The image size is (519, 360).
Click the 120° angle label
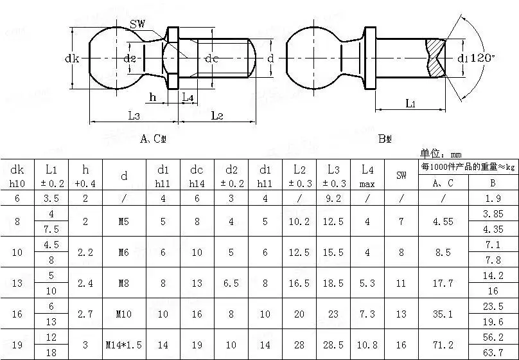[482, 58]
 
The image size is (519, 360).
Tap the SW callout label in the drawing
[137, 24]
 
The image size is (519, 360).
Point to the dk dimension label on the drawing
[72, 59]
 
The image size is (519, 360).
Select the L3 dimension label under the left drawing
[134, 116]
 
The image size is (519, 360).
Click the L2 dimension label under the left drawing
[216, 116]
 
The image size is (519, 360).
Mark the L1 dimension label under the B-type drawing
[411, 104]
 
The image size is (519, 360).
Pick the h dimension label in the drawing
[152, 97]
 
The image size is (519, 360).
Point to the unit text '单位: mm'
[441, 154]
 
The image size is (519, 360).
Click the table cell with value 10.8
[367, 345]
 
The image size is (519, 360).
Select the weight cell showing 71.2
[443, 345]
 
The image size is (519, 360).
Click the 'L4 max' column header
[367, 175]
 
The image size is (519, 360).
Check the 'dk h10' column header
[17, 175]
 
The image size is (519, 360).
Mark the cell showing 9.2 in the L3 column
[333, 199]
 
